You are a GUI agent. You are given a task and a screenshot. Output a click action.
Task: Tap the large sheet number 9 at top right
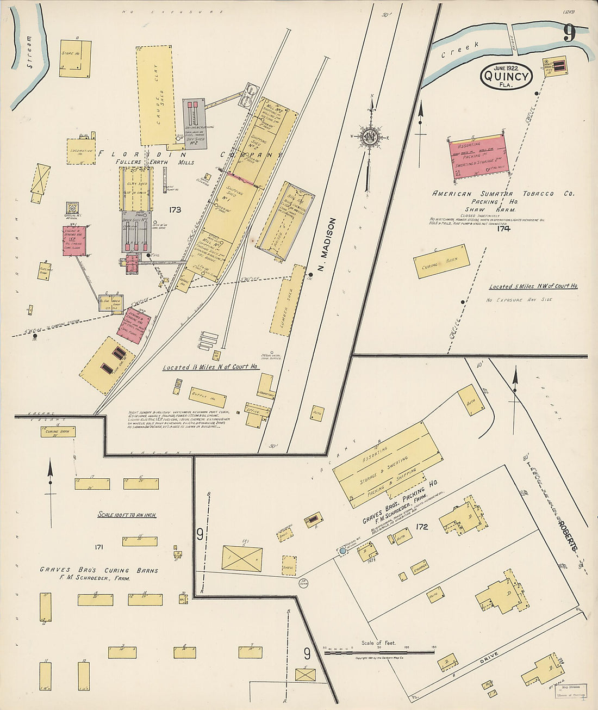click(569, 34)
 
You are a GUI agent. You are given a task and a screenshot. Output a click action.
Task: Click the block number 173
click(175, 209)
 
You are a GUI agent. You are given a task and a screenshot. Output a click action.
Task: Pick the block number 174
click(503, 229)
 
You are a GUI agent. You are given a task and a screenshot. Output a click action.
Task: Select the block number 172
click(421, 527)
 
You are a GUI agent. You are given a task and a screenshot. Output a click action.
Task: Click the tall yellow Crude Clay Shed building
click(157, 95)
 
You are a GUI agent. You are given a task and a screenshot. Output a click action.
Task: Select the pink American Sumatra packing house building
click(478, 157)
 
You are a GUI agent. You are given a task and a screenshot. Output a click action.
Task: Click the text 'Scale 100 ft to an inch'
click(127, 515)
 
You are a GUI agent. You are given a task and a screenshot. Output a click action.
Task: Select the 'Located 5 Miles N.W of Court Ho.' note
click(533, 287)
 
